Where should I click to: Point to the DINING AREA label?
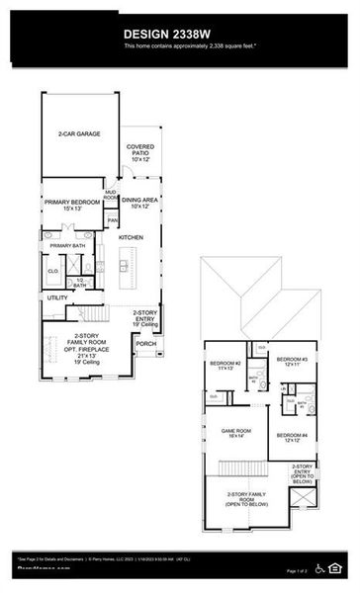click(139, 203)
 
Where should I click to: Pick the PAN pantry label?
click(113, 220)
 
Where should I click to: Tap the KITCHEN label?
click(132, 237)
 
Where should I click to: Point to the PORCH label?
click(146, 344)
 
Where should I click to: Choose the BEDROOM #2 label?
click(225, 365)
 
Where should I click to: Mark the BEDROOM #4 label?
click(293, 437)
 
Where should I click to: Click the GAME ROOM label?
click(236, 432)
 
